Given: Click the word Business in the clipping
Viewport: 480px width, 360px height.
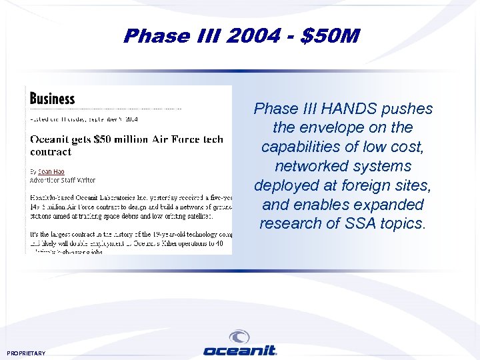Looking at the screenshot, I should pyautogui.click(x=53, y=99).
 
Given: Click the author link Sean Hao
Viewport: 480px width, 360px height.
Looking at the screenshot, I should pyautogui.click(x=51, y=171).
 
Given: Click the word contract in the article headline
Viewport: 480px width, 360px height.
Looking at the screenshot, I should pyautogui.click(x=51, y=151).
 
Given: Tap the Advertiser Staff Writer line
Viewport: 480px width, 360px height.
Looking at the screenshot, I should pyautogui.click(x=63, y=180).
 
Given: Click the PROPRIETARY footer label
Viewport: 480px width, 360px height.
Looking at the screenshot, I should pyautogui.click(x=26, y=353).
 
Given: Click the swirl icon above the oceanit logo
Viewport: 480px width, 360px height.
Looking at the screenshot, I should pyautogui.click(x=239, y=337).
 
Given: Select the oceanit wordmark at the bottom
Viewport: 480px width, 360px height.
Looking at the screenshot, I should pyautogui.click(x=239, y=351).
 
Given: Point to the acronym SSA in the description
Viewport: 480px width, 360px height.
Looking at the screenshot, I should pyautogui.click(x=361, y=223).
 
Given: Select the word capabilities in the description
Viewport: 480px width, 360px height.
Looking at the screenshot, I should pyautogui.click(x=304, y=147).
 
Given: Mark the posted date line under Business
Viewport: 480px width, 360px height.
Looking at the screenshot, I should pyautogui.click(x=83, y=119).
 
